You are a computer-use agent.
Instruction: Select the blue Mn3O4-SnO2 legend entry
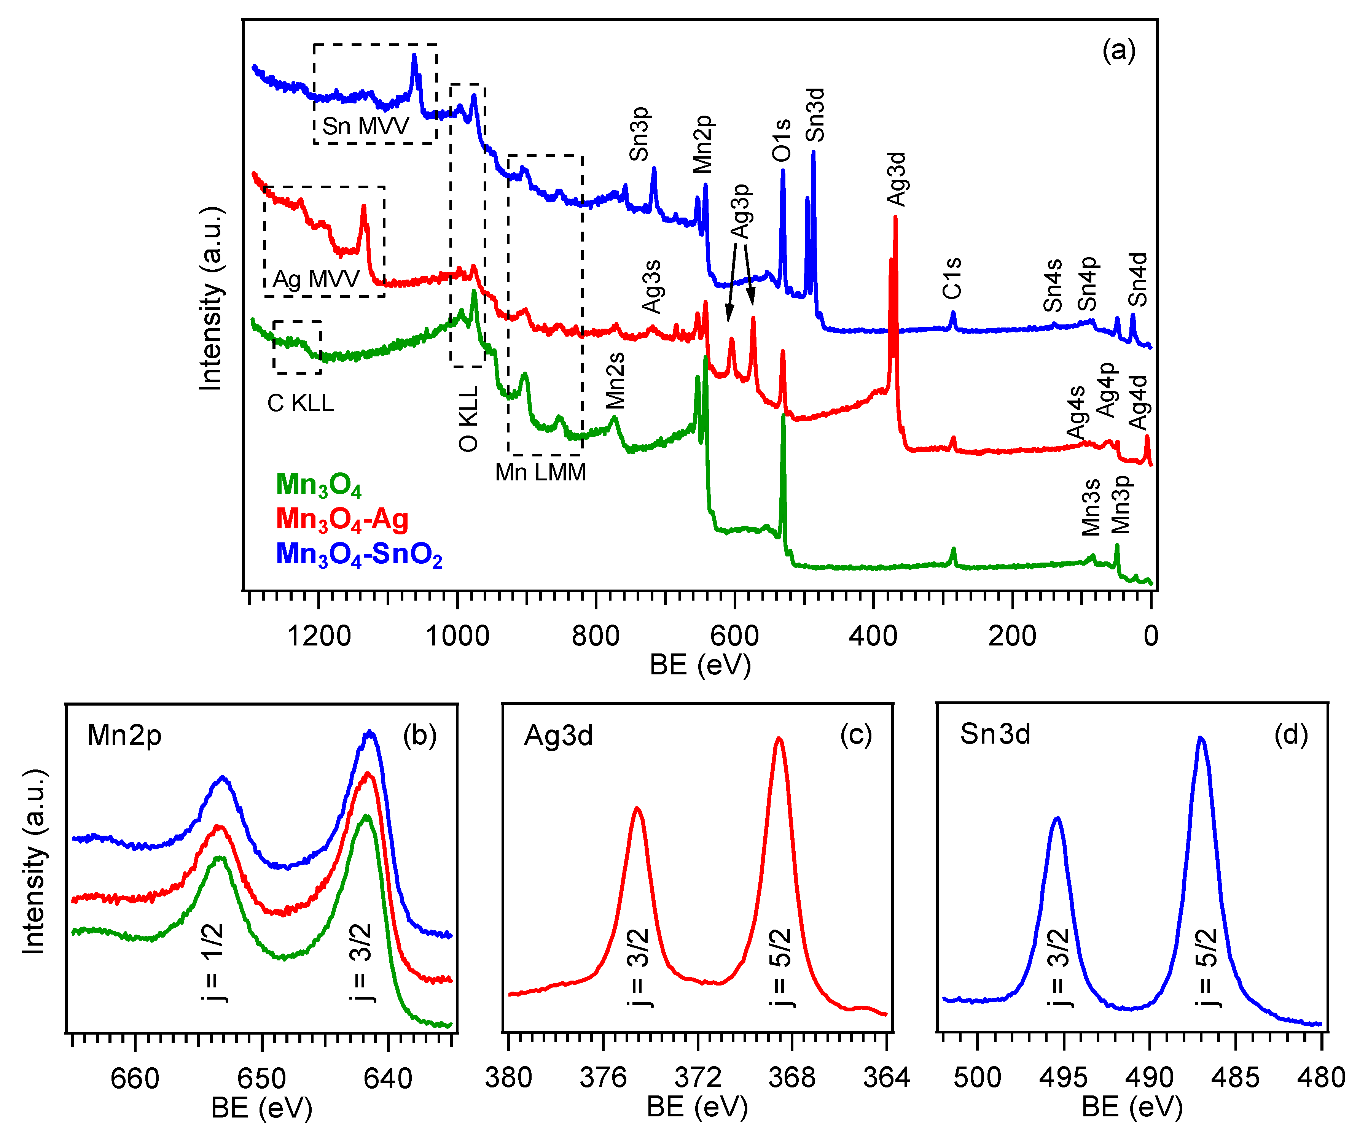(359, 555)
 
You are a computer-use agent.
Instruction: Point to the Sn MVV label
(365, 126)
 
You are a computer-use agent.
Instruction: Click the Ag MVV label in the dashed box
(315, 279)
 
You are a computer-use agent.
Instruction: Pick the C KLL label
(300, 404)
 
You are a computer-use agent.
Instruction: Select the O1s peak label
(781, 140)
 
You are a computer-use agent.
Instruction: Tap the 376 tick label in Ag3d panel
(603, 1078)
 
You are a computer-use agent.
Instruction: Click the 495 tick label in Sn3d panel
(1063, 1078)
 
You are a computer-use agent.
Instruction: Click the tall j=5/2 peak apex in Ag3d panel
(779, 739)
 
